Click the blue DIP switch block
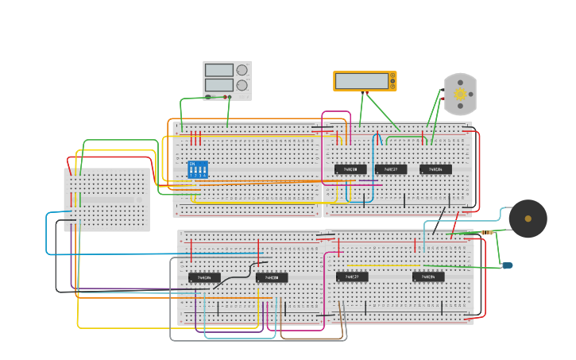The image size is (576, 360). pyautogui.click(x=197, y=169)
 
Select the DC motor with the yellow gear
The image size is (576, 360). pyautogui.click(x=460, y=95)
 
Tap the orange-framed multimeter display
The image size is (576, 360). pyautogui.click(x=364, y=81)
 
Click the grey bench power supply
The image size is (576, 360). pyautogui.click(x=226, y=80)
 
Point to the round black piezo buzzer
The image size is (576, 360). pyautogui.click(x=528, y=219)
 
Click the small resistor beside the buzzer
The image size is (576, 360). pyautogui.click(x=486, y=232)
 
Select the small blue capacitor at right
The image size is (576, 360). pyautogui.click(x=507, y=265)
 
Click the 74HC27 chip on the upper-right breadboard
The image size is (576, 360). pyautogui.click(x=391, y=169)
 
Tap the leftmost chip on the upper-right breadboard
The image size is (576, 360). pyautogui.click(x=350, y=169)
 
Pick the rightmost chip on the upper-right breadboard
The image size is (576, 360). pyautogui.click(x=435, y=169)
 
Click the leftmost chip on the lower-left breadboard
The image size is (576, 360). pyautogui.click(x=204, y=277)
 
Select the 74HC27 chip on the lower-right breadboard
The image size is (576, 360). pyautogui.click(x=352, y=277)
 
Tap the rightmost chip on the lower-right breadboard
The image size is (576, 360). pyautogui.click(x=428, y=277)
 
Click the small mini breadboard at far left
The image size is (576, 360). pyautogui.click(x=106, y=199)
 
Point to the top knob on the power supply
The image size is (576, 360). pyautogui.click(x=242, y=70)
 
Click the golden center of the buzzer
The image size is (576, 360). pyautogui.click(x=528, y=219)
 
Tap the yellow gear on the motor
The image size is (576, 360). pyautogui.click(x=460, y=94)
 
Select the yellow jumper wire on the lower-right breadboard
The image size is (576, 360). pyautogui.click(x=381, y=265)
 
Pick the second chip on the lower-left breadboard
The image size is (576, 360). pyautogui.click(x=272, y=277)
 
